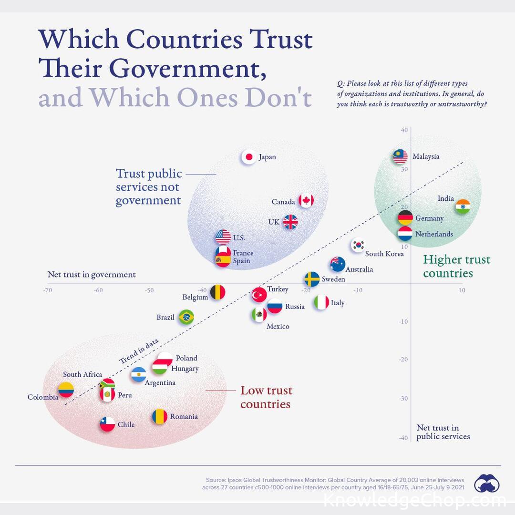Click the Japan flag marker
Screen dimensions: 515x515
tap(248, 157)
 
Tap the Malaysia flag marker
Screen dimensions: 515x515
tap(400, 156)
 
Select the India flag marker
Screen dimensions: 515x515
tap(463, 206)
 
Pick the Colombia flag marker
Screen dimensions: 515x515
tap(66, 390)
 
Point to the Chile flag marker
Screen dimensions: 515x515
tap(107, 424)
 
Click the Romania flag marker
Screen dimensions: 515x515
tap(160, 416)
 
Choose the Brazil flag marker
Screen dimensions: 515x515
tap(186, 317)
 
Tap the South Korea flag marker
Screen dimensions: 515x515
tap(358, 245)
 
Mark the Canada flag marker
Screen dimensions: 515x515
tap(306, 201)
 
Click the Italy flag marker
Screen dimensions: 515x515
tap(321, 302)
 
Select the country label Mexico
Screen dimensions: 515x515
tap(278, 327)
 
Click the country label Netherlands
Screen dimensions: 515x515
tap(434, 234)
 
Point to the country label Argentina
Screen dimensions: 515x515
tap(160, 382)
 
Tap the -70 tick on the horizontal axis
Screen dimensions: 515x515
tap(47, 290)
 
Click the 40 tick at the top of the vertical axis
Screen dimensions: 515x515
tap(404, 130)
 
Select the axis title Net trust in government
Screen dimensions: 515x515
tap(92, 275)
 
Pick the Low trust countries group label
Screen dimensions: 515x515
tap(266, 397)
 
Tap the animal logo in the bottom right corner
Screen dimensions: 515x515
tap(487, 483)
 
